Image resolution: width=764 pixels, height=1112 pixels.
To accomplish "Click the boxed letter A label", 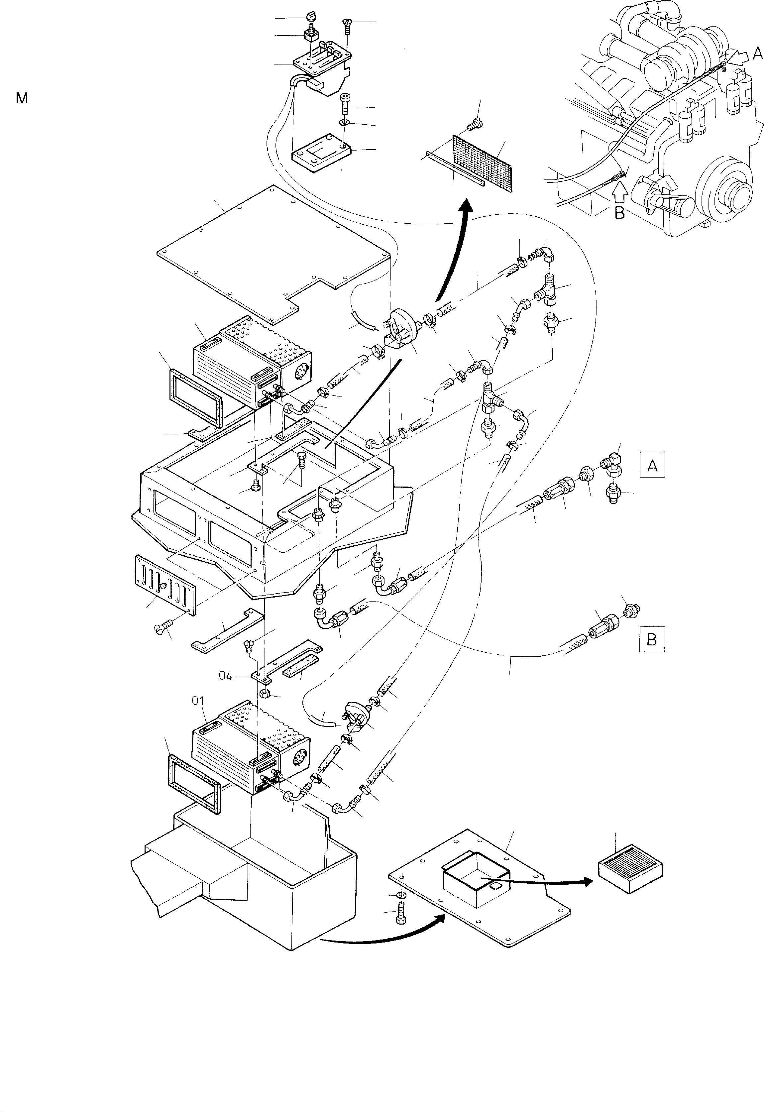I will (652, 465).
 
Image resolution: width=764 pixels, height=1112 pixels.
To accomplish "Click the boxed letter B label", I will (651, 639).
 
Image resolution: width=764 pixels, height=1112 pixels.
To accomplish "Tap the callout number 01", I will (198, 701).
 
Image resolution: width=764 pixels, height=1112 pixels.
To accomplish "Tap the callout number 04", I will (225, 675).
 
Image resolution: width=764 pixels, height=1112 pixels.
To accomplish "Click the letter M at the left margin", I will (22, 99).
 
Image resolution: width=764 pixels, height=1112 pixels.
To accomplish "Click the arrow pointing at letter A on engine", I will (739, 58).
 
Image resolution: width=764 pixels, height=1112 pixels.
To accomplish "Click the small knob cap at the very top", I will (309, 18).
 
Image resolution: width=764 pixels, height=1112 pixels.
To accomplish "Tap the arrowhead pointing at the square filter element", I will (590, 882).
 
